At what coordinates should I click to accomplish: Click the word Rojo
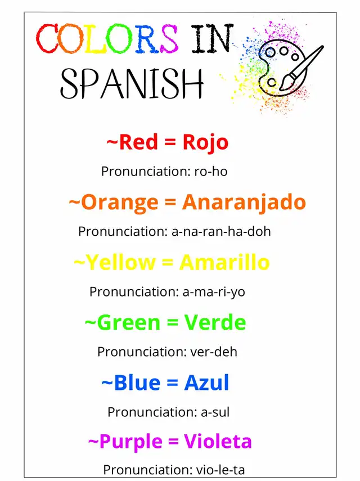tap(205, 143)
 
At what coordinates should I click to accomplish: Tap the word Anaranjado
tap(244, 203)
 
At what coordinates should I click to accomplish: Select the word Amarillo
tap(224, 263)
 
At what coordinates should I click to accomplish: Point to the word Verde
tap(215, 323)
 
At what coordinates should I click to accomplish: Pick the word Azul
tap(206, 383)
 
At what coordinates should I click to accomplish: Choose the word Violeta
tap(218, 442)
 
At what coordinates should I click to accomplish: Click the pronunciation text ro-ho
tap(211, 172)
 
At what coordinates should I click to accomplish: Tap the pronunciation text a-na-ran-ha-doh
tap(221, 232)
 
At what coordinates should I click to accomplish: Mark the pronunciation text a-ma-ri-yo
tap(214, 292)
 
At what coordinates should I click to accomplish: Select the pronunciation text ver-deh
tap(214, 352)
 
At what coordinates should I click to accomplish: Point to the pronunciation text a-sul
tap(215, 412)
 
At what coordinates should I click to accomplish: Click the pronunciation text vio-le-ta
tap(220, 470)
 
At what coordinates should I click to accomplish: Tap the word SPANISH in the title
tap(132, 83)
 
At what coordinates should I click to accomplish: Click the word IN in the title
tap(212, 38)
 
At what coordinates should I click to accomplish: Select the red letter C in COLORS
tap(46, 38)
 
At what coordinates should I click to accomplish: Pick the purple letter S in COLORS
tap(168, 38)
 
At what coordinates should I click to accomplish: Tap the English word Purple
tap(131, 443)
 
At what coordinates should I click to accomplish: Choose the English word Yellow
tap(120, 263)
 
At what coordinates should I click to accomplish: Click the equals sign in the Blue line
tap(172, 383)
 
